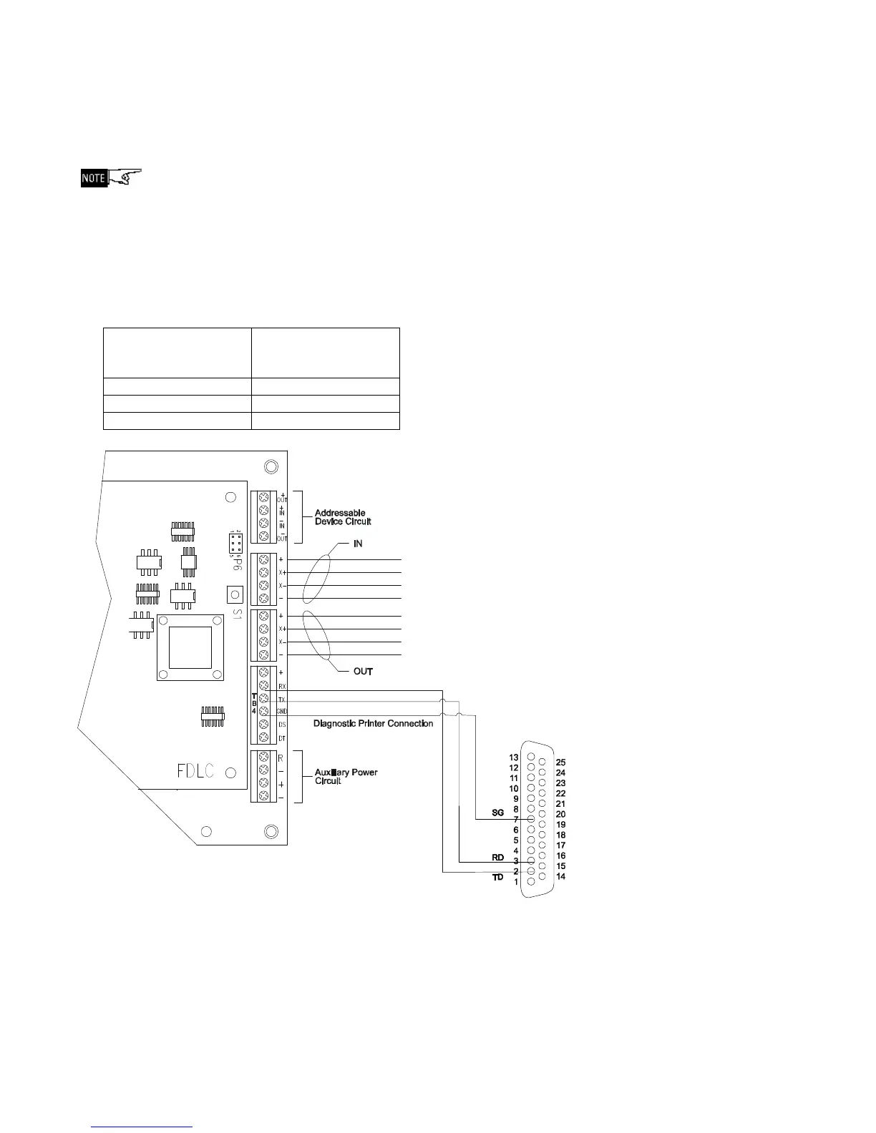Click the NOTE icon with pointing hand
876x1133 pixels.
pyautogui.click(x=111, y=177)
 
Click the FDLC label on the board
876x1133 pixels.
pyautogui.click(x=195, y=771)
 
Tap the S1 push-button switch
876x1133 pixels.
pyautogui.click(x=234, y=594)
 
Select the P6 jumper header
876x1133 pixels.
pyautogui.click(x=235, y=543)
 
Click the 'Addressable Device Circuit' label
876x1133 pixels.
pyautogui.click(x=343, y=517)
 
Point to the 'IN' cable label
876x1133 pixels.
pyautogui.click(x=358, y=544)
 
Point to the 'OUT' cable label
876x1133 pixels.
pyautogui.click(x=363, y=672)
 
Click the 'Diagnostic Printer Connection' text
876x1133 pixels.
pyautogui.click(x=373, y=724)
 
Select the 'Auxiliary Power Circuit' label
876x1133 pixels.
pyautogui.click(x=346, y=777)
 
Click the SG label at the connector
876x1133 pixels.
pyautogui.click(x=498, y=813)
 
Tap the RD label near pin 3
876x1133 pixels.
pyautogui.click(x=498, y=857)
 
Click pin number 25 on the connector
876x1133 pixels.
pyautogui.click(x=560, y=762)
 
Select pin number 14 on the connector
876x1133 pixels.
pyautogui.click(x=560, y=877)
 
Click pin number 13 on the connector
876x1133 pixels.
pyautogui.click(x=514, y=757)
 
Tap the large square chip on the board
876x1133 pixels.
pyautogui.click(x=190, y=647)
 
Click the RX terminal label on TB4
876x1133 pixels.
pyautogui.click(x=282, y=686)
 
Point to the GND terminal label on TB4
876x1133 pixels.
pyautogui.click(x=282, y=712)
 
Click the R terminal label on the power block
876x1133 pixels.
pyautogui.click(x=281, y=757)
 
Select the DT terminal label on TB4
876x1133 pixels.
pyautogui.click(x=282, y=738)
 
